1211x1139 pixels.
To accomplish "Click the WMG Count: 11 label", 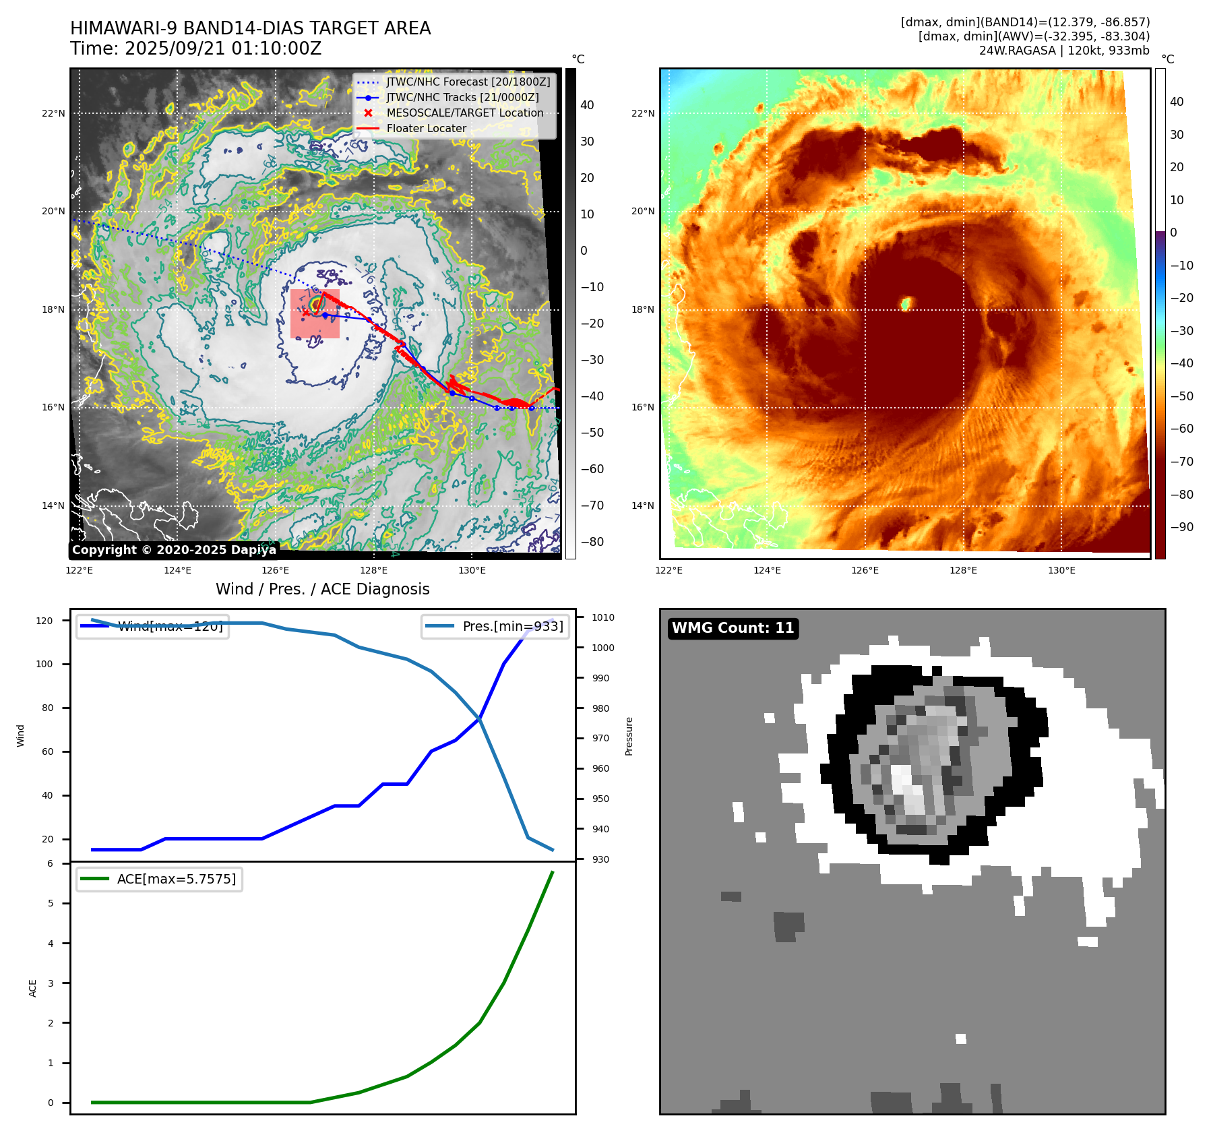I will tap(733, 628).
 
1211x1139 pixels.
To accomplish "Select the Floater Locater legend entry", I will tap(426, 129).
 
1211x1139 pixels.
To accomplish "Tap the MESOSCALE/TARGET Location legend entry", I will tap(464, 113).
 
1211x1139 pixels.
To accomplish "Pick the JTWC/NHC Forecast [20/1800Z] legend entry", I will tap(468, 82).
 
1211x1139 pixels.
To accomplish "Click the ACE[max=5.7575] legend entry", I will tap(176, 880).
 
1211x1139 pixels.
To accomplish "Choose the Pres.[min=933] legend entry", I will tap(512, 627).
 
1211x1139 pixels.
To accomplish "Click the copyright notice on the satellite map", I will tap(174, 550).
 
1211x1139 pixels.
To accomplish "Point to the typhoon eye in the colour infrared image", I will tap(906, 303).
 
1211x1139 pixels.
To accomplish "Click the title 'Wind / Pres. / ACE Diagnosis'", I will tap(322, 589).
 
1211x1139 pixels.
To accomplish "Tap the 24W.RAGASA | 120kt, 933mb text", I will tap(1064, 51).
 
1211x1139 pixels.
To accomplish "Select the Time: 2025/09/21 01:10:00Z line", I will tap(195, 49).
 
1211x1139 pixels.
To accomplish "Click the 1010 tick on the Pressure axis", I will tap(603, 617).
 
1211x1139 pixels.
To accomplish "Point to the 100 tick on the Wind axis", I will tap(44, 664).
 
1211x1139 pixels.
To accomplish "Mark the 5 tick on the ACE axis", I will tap(51, 903).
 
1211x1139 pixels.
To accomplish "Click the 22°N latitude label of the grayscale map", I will tap(53, 113).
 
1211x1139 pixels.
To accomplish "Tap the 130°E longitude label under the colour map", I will tap(1061, 570).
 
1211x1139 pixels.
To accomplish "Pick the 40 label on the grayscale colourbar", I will tap(587, 105).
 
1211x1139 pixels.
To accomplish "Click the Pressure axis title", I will tap(629, 736).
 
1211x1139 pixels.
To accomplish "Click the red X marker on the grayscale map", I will tap(306, 313).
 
